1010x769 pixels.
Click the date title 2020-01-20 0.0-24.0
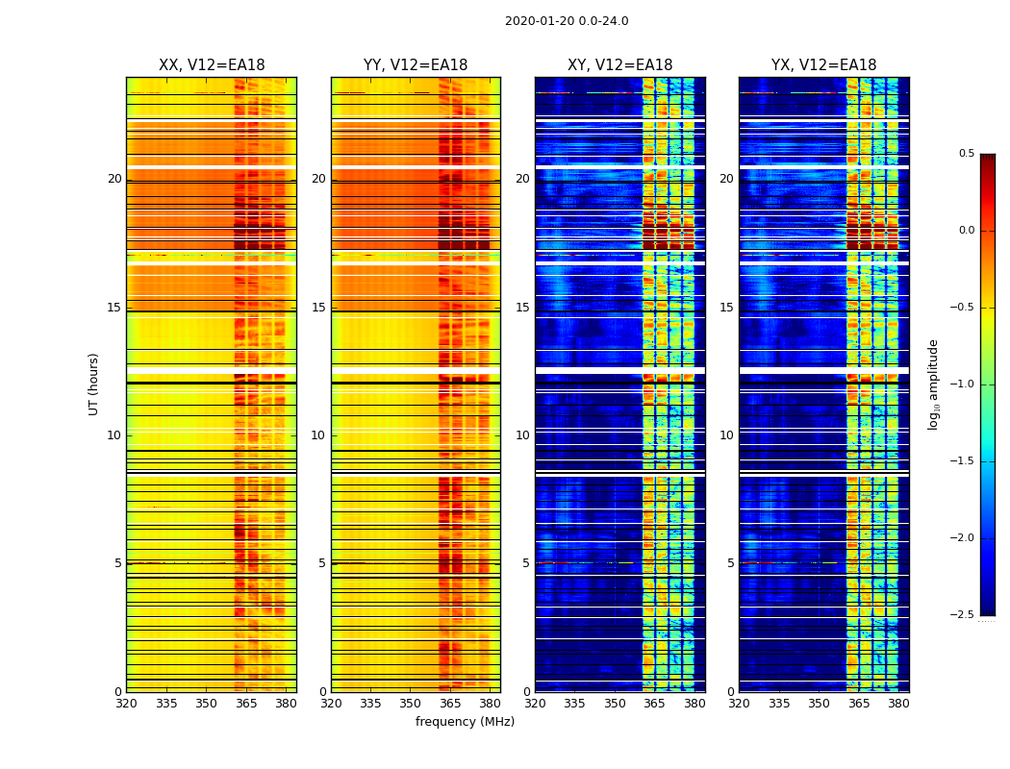coord(567,21)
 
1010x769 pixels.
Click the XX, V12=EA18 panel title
coord(212,65)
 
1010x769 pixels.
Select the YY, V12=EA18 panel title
coord(416,65)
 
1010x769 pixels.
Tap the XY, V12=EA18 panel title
coord(619,65)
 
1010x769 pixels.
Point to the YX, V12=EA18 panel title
coord(823,65)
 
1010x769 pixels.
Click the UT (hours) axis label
coord(93,384)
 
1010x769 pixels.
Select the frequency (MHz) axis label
coord(465,722)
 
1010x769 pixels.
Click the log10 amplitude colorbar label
coord(934,384)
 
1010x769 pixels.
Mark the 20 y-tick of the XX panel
coord(114,179)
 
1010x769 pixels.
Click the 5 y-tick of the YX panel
coord(730,563)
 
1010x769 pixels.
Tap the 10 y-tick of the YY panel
coord(318,435)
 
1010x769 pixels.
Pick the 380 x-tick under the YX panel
coord(898,704)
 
